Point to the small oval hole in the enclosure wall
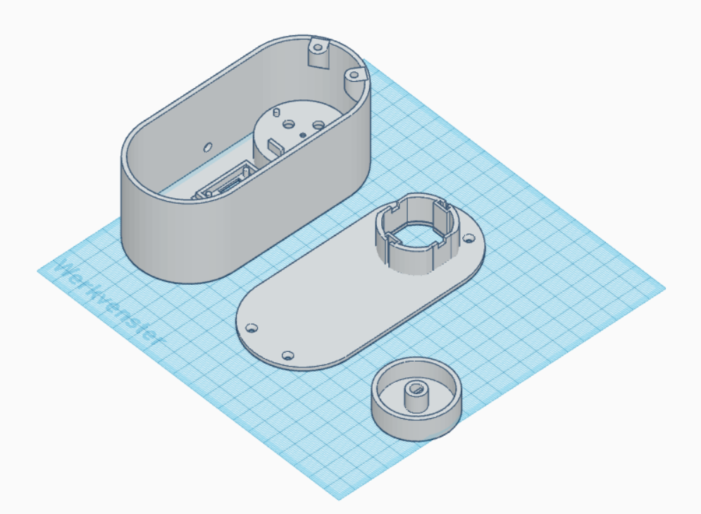point(207,147)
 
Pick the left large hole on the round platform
point(288,123)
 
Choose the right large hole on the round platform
point(318,125)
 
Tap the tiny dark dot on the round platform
point(302,134)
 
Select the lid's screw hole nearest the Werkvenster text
point(252,328)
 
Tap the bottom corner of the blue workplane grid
point(340,499)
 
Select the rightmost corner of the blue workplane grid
point(665,289)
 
